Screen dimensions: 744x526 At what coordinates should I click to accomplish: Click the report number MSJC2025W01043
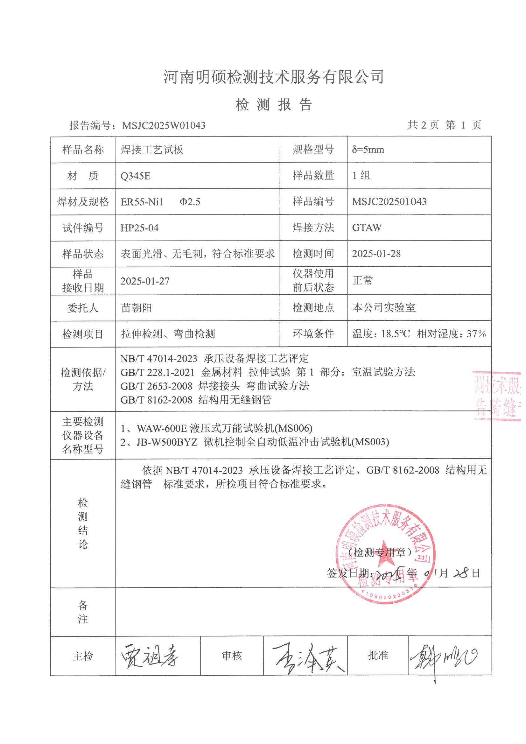(x=164, y=125)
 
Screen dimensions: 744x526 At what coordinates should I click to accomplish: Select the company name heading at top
(x=274, y=77)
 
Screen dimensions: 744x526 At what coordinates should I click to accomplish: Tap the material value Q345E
(x=136, y=176)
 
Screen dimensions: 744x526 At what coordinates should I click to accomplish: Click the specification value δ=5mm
(x=368, y=150)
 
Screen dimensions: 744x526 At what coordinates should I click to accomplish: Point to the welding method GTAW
(x=367, y=228)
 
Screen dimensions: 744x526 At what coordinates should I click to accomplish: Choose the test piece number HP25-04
(x=139, y=228)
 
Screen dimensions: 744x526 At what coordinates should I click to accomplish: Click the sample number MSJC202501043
(x=389, y=201)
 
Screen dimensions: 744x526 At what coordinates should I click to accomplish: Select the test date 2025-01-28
(x=376, y=254)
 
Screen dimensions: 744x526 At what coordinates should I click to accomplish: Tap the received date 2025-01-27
(x=145, y=281)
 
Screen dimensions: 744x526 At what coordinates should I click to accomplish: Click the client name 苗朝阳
(x=137, y=307)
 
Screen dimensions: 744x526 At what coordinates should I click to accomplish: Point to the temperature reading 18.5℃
(x=396, y=334)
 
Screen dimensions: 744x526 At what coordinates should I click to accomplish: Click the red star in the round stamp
(x=384, y=553)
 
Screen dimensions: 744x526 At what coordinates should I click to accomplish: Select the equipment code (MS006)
(x=294, y=428)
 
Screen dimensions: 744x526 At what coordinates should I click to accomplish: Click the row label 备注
(x=83, y=612)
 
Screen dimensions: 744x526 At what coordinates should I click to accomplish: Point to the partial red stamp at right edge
(x=497, y=396)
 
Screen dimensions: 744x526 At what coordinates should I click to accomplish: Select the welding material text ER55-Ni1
(x=142, y=202)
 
